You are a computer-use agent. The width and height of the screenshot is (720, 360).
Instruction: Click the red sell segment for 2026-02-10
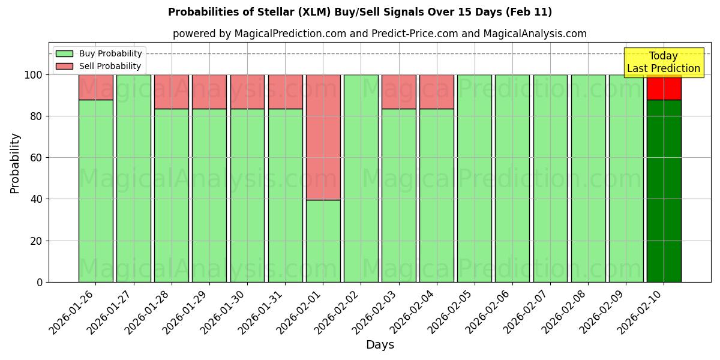(664, 88)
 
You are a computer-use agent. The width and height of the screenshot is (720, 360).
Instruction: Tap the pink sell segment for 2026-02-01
(323, 137)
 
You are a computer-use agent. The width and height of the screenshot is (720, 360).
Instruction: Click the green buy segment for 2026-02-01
(323, 241)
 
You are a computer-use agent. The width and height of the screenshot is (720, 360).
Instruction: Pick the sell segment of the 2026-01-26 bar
(95, 87)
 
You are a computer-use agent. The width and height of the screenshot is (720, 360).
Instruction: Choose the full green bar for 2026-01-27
(133, 178)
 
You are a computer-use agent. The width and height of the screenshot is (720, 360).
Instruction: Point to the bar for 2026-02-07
(550, 178)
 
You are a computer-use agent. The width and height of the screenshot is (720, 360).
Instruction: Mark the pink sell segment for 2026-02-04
(437, 92)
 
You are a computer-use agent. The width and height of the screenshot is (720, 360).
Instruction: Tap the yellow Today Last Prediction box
(663, 62)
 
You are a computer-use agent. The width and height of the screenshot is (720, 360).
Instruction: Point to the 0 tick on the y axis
(40, 282)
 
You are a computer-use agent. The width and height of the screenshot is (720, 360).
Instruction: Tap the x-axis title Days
(380, 345)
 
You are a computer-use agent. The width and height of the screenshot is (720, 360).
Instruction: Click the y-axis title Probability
(15, 163)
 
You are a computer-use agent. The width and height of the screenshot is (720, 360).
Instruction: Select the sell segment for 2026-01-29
(209, 92)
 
